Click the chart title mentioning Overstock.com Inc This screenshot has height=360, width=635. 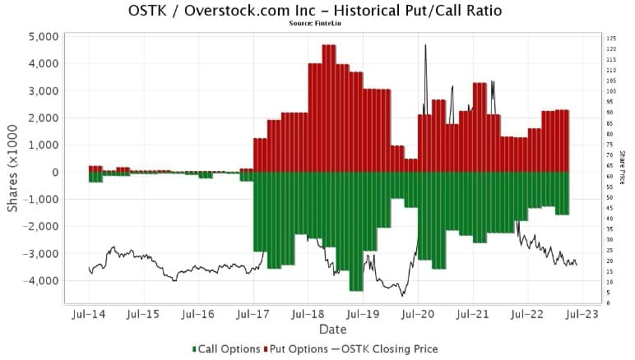tap(316, 11)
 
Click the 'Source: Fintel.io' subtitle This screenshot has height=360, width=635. tap(316, 23)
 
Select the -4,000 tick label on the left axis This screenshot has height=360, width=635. tap(38, 280)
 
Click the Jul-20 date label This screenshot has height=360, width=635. tap(418, 314)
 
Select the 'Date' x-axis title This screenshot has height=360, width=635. tap(332, 330)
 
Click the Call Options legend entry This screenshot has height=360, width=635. tap(226, 348)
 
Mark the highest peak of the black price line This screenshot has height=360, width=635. tap(425, 45)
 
